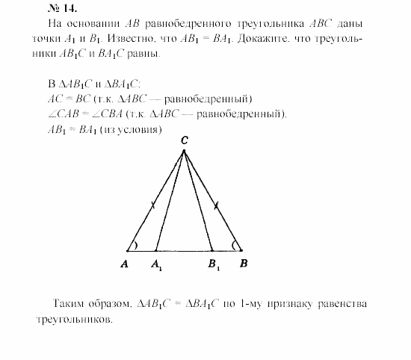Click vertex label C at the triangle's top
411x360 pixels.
(x=184, y=140)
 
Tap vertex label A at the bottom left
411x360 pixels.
(x=126, y=264)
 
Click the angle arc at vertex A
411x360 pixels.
(x=135, y=245)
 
